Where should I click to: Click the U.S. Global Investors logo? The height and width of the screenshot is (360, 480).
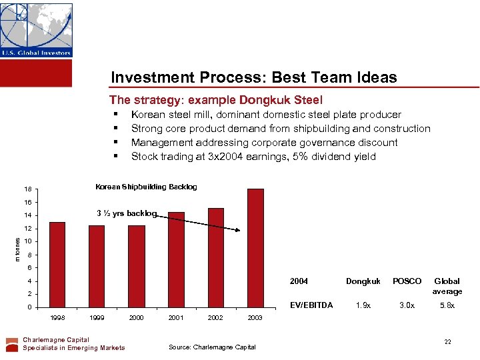[36, 30]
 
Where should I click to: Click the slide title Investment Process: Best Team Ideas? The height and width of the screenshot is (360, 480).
[253, 77]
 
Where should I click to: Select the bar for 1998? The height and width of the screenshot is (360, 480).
[57, 264]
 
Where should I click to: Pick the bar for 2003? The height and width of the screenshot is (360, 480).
[255, 247]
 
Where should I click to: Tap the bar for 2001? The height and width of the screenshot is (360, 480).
[176, 259]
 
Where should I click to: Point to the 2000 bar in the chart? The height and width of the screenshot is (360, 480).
[137, 266]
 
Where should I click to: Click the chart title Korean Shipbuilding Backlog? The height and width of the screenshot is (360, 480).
[146, 187]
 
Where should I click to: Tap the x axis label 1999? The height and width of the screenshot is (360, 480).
[97, 318]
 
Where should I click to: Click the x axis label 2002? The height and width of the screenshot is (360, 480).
[215, 318]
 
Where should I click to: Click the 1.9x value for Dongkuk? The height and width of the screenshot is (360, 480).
[363, 305]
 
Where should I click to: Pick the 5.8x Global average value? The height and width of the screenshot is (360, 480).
[447, 305]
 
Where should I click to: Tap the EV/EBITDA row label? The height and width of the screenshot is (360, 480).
[311, 305]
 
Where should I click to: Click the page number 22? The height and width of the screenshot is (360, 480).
[448, 342]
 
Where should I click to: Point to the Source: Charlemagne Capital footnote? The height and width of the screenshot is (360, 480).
[212, 347]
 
